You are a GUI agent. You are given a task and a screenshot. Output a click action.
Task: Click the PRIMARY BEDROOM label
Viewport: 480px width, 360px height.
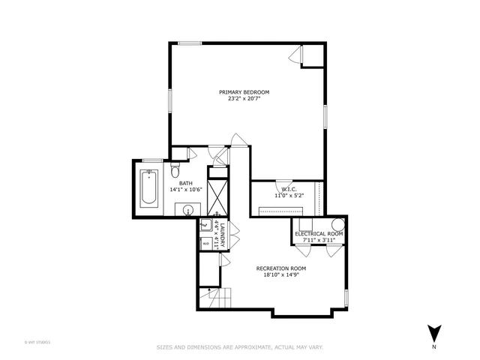point(244,91)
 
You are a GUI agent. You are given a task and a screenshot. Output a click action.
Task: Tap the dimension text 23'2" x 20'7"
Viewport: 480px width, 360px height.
point(244,98)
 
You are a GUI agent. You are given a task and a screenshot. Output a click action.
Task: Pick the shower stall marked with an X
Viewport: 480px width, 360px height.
point(217,198)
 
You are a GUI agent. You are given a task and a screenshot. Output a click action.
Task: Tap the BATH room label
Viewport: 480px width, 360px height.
point(185,183)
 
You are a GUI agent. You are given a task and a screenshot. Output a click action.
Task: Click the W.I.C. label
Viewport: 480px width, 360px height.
point(289,189)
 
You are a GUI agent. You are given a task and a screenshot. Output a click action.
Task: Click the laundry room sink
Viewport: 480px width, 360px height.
point(205,226)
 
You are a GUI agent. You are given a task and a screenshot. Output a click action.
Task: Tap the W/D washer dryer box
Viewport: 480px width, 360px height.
point(205,243)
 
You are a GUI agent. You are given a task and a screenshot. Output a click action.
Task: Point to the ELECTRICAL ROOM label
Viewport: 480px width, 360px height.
point(319,234)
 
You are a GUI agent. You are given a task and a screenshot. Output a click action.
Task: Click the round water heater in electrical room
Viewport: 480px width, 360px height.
point(338,224)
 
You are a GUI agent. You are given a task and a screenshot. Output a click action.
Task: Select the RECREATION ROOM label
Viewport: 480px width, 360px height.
point(280,268)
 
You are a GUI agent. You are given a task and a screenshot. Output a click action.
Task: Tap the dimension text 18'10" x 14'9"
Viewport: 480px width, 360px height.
point(280,274)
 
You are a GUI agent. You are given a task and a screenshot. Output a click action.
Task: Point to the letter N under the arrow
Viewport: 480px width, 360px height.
point(434,348)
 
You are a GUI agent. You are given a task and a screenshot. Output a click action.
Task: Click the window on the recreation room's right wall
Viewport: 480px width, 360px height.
point(346,297)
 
